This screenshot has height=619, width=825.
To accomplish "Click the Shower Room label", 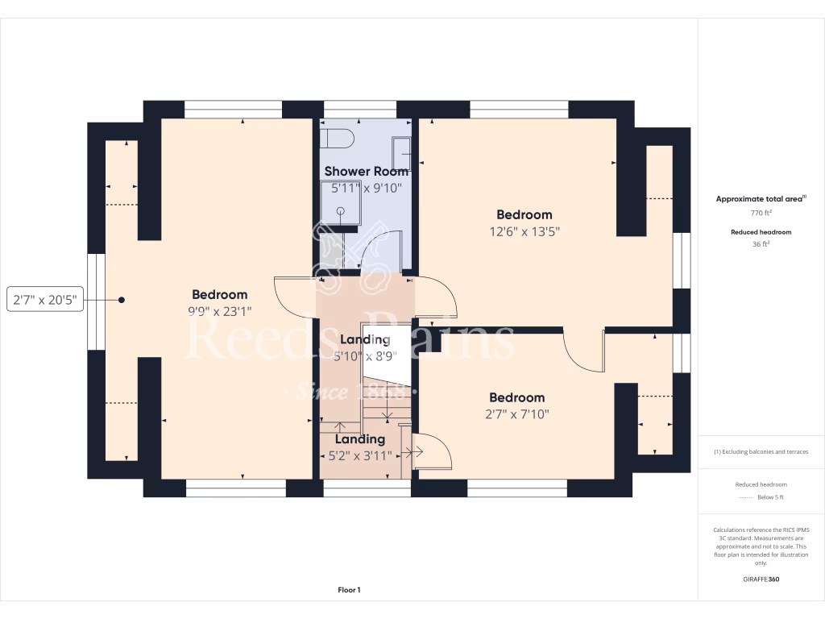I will (x=366, y=171).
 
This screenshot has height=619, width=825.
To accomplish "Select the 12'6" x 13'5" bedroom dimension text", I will (x=524, y=231).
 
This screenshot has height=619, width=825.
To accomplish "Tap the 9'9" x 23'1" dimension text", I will (x=219, y=311).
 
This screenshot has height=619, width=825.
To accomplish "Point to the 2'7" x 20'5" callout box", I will (x=45, y=300).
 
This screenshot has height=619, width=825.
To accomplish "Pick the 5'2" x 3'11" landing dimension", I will (x=359, y=455).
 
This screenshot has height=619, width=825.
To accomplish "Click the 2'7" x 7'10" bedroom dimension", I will (x=517, y=414).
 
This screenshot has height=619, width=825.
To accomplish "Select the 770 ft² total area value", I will (x=761, y=214).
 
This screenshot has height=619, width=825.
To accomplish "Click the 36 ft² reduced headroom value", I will (x=761, y=243).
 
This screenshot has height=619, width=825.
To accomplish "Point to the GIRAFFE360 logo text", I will (x=761, y=579).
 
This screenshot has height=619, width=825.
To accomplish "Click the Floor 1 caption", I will (x=349, y=590).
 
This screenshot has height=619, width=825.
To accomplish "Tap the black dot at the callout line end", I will (x=122, y=300).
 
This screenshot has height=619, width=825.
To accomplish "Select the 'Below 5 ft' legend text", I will (x=772, y=497).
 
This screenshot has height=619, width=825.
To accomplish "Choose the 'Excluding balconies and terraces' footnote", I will (x=761, y=451).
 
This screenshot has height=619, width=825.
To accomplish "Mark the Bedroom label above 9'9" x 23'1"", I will (x=219, y=294).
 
